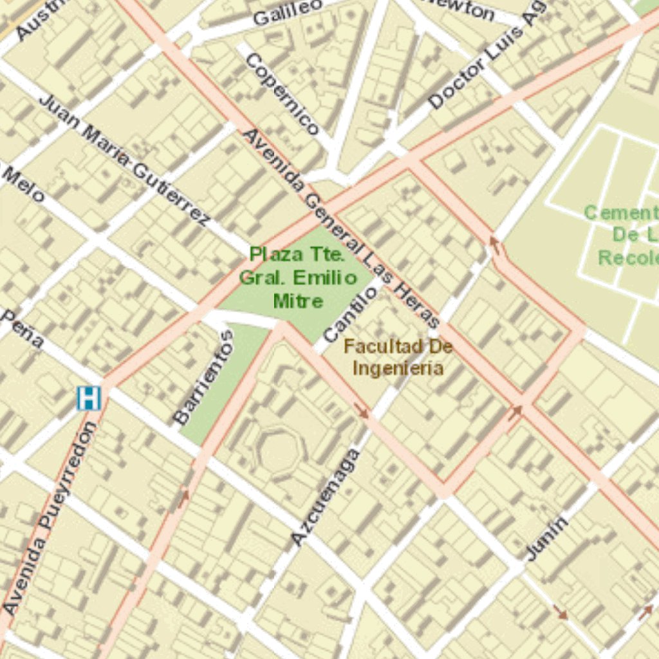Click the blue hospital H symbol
coord(89,398)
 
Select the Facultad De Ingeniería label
coord(398,357)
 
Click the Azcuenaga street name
coord(325,496)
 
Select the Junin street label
coord(547,538)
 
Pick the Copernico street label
coord(282,94)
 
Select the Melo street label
coord(23,183)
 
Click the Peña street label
coord(23,328)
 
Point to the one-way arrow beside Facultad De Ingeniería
coord(362,411)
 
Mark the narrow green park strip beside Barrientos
coord(222,386)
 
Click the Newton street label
coord(459,9)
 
